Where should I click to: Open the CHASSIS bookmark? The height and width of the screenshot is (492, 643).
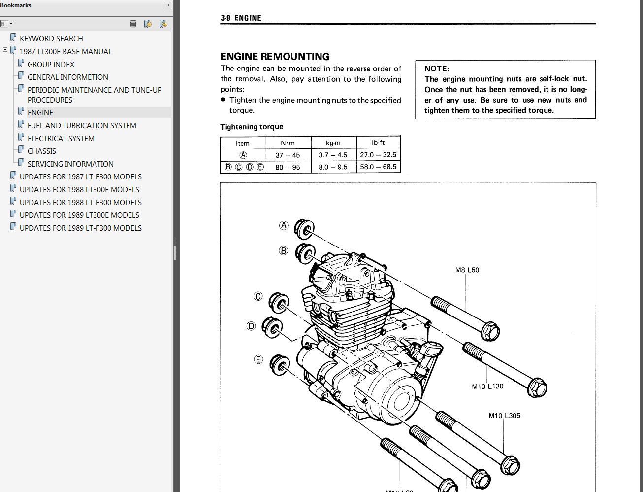pos(41,151)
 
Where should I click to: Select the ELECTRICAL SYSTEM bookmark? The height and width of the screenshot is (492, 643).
pos(61,138)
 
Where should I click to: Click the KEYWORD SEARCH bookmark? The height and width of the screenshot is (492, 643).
pos(51,39)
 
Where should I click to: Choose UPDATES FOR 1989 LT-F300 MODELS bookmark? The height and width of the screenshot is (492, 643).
pos(81,228)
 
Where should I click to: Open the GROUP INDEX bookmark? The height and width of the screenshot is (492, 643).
pos(51,64)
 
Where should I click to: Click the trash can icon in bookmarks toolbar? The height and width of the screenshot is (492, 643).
pos(133,24)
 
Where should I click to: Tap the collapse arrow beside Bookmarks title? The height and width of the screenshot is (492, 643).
pos(168,5)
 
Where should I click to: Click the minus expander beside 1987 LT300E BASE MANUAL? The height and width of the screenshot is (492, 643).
pos(5,50)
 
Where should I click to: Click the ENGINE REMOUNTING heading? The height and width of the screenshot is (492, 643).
pos(275,56)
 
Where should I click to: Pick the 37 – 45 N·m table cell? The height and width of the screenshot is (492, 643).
pos(288,155)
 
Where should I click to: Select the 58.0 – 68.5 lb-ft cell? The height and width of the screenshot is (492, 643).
pos(378,167)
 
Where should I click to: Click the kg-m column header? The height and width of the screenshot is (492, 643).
pos(333,143)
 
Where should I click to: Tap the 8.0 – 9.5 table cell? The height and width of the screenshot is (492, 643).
pos(333,167)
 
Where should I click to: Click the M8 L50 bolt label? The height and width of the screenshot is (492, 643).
pos(467,270)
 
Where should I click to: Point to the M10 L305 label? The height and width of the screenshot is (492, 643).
pos(505,416)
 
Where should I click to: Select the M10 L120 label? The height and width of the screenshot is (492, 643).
pos(487,387)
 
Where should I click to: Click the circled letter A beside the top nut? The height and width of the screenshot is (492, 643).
pos(284,225)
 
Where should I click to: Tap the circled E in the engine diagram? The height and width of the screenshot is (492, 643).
pos(258,359)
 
